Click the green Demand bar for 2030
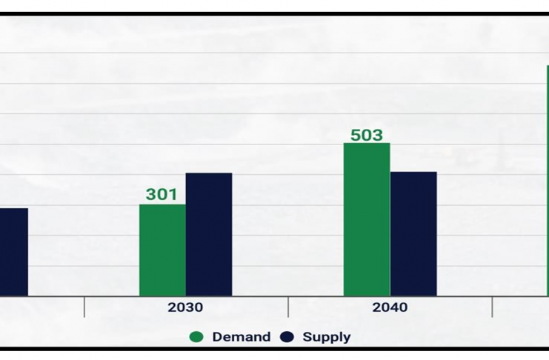[x=162, y=250]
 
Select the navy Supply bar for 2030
[x=209, y=235]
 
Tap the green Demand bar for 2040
[x=367, y=219]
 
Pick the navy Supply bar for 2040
[x=413, y=234]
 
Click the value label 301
[x=162, y=194]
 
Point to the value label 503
[x=367, y=135]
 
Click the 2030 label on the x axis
[x=185, y=307]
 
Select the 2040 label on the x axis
[x=390, y=307]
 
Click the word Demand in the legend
[x=241, y=337]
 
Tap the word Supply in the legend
[x=327, y=337]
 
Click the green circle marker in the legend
[x=196, y=337]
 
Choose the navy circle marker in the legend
[x=287, y=337]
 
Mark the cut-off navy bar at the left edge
[x=13, y=252]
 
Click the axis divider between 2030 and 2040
[x=288, y=307]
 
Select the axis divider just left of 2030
[x=84, y=307]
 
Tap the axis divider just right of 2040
[x=493, y=307]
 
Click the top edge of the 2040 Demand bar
[x=367, y=144]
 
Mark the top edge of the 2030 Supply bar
[x=209, y=174]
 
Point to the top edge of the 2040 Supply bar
[x=413, y=173]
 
